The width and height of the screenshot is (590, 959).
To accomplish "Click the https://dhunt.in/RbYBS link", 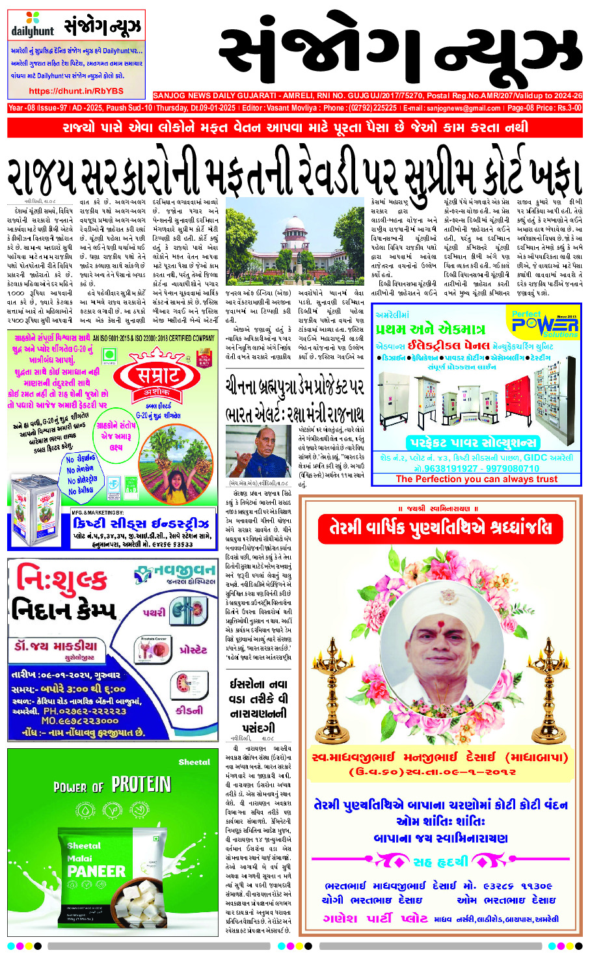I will (x=76, y=92).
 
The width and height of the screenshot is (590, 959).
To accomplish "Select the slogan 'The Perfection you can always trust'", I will (x=476, y=479).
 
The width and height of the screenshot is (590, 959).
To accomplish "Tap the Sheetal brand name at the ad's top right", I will (x=194, y=762).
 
